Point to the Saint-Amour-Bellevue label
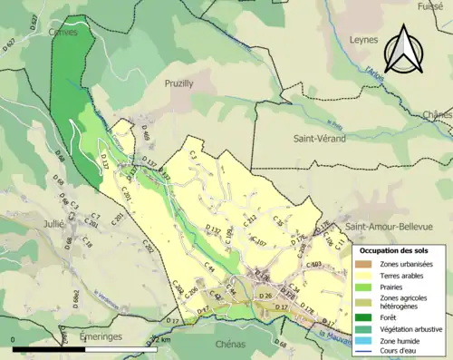tap(392, 225)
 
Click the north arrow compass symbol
tap(401, 50)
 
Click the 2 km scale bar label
tap(161, 339)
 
